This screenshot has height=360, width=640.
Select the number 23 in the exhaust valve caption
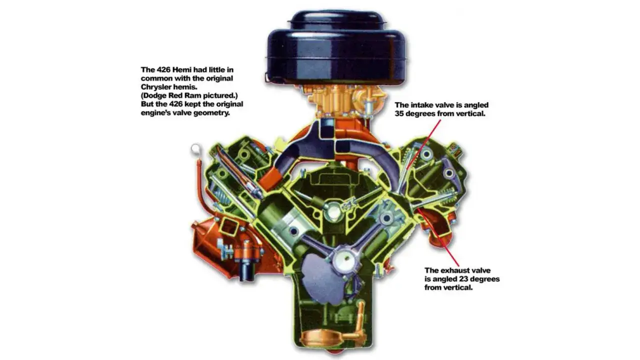click(463, 279)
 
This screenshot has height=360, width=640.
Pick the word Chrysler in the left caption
click(155, 87)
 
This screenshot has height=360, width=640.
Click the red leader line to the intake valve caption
click(423, 144)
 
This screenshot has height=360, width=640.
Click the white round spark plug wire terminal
click(195, 148)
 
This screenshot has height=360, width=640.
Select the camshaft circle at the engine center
click(333, 211)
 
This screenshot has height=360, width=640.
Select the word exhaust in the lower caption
click(453, 270)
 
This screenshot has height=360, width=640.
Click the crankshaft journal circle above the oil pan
click(345, 259)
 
